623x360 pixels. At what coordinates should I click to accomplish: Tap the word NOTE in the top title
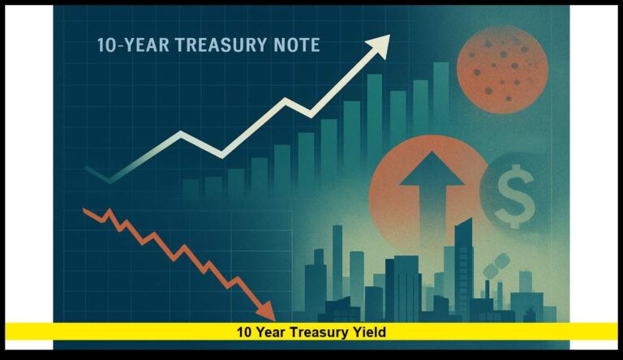click(293, 45)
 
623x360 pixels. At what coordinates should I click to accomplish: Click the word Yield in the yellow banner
click(372, 332)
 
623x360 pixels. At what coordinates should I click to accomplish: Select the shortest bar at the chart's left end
click(190, 188)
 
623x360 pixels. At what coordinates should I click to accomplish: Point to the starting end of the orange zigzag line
click(86, 211)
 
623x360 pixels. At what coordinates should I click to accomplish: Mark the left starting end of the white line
click(87, 169)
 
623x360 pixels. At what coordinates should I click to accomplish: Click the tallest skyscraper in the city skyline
click(463, 259)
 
